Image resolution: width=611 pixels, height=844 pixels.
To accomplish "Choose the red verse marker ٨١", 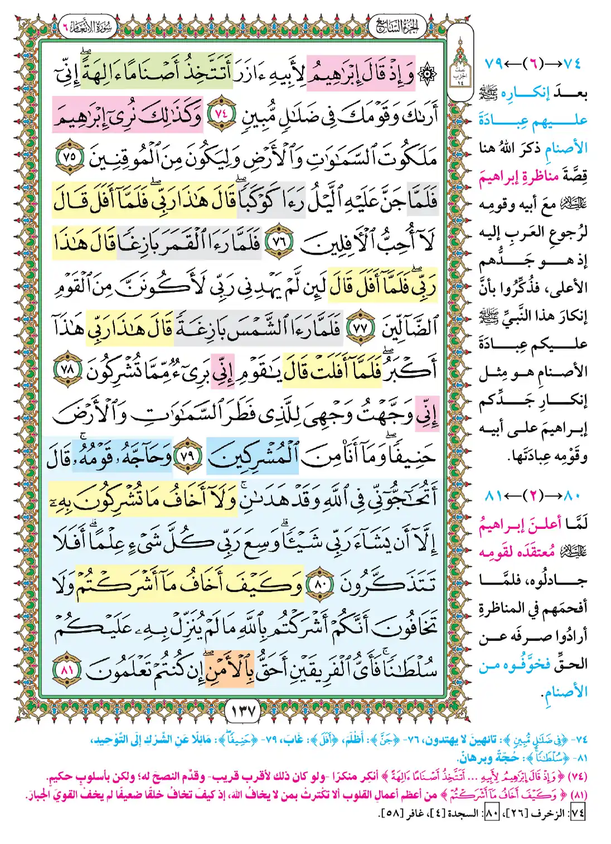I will pos(66,669).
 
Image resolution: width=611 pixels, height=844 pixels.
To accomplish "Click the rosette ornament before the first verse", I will pos(427,74).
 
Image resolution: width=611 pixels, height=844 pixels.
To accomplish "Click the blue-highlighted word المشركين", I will pos(252,457).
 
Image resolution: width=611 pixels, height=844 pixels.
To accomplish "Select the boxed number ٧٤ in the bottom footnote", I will pos(578,813).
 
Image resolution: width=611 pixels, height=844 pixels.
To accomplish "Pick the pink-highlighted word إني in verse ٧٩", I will pos(426,413).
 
